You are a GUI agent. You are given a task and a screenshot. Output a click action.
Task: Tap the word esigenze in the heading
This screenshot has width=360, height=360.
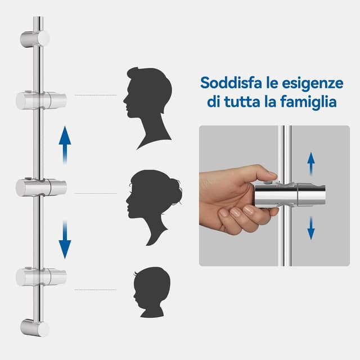pyautogui.click(x=313, y=83)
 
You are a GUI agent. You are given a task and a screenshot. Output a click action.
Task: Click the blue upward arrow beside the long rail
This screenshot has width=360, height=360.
pyautogui.click(x=65, y=143)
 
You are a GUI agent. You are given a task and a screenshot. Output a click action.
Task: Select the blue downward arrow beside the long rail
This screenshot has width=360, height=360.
pyautogui.click(x=65, y=239)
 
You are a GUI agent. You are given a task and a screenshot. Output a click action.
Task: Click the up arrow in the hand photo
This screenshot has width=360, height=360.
pyautogui.click(x=310, y=164)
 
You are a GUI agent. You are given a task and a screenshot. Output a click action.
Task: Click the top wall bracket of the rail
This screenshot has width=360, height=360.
pyautogui.click(x=35, y=38)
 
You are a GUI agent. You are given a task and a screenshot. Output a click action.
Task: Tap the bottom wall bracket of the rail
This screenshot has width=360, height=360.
pyautogui.click(x=34, y=327)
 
